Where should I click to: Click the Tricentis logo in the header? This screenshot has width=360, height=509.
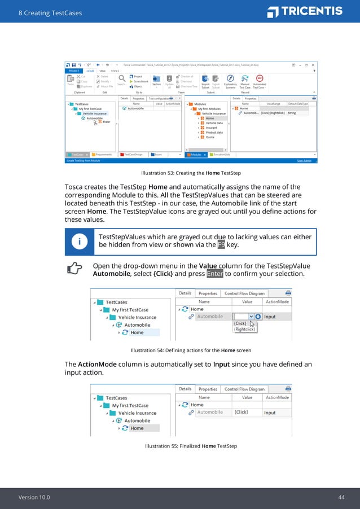pyautogui.click(x=305, y=11)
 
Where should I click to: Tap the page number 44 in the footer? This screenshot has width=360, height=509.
pyautogui.click(x=341, y=497)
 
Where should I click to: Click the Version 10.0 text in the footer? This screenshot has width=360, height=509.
pyautogui.click(x=34, y=497)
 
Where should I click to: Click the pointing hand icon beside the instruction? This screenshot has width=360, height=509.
pyautogui.click(x=74, y=270)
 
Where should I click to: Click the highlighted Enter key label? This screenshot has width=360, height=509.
pyautogui.click(x=214, y=274)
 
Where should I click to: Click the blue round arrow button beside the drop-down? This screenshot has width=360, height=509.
pyautogui.click(x=258, y=317)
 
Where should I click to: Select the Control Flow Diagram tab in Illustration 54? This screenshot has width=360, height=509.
pyautogui.click(x=244, y=293)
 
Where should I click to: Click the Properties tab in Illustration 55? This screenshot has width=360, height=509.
pyautogui.click(x=208, y=389)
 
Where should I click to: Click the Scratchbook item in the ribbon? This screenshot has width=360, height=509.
pyautogui.click(x=141, y=81)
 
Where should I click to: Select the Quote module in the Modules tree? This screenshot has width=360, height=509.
pyautogui.click(x=210, y=137)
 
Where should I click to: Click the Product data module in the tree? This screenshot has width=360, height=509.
pyautogui.click(x=214, y=132)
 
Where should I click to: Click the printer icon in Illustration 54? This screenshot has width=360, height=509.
pyautogui.click(x=288, y=293)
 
